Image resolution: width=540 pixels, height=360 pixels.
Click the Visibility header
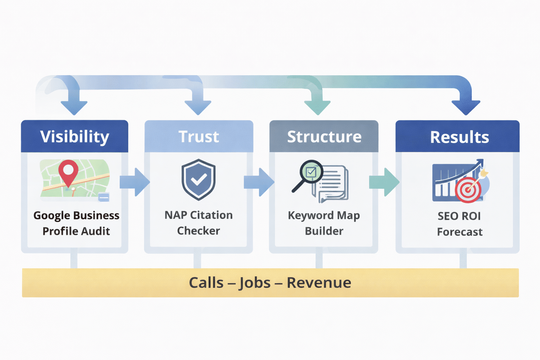[x=75, y=136]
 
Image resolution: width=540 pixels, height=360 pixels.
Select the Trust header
[x=199, y=136]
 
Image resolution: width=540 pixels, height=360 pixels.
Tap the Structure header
[x=324, y=136]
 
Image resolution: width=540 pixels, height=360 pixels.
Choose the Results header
[x=459, y=137]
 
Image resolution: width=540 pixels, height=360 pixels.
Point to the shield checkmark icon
[x=199, y=179]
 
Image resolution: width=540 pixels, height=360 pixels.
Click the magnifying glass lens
[x=311, y=172]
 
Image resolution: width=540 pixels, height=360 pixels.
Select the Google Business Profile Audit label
[x=76, y=223]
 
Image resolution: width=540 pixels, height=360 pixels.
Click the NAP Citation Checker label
[x=199, y=223]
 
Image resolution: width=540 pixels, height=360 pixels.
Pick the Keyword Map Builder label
[x=324, y=223]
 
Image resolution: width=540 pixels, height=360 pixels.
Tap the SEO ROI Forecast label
[x=459, y=224]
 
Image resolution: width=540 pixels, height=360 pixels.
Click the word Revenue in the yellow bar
[x=319, y=283]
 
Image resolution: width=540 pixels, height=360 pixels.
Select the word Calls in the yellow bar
[x=206, y=283]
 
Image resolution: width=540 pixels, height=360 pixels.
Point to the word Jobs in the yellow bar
[x=255, y=283]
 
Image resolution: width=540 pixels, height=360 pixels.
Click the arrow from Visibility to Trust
[x=135, y=182]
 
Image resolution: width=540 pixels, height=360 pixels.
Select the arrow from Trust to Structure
[x=259, y=182]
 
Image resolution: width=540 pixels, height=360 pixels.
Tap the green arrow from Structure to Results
[x=385, y=182]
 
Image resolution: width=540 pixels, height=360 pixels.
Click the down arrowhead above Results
[x=465, y=107]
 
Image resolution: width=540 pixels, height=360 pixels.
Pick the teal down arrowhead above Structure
[x=317, y=107]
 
